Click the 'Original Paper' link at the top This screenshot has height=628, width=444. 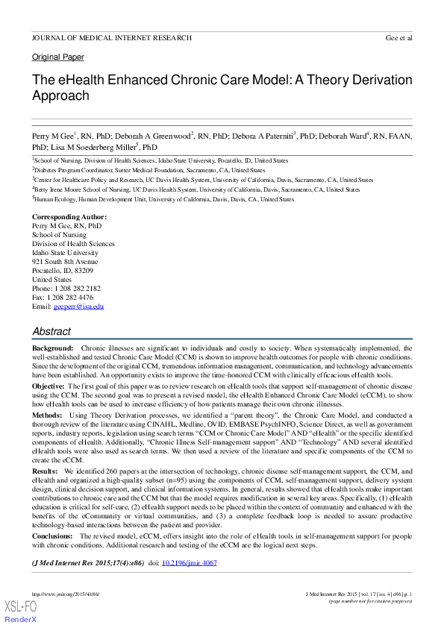57,57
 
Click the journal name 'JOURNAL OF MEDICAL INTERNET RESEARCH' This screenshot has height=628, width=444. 112,37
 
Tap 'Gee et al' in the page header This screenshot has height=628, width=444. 398,37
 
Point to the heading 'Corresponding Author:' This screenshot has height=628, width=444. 69,216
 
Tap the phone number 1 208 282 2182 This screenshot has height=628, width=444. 78,289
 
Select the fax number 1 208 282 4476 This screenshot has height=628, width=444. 75,298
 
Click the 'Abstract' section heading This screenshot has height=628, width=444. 51,331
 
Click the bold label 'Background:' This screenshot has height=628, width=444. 52,348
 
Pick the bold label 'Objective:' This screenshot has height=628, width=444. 48,387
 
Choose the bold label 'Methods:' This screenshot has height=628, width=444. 47,414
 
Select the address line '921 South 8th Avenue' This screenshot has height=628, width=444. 65,262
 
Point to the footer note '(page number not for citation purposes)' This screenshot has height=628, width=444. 371,600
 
